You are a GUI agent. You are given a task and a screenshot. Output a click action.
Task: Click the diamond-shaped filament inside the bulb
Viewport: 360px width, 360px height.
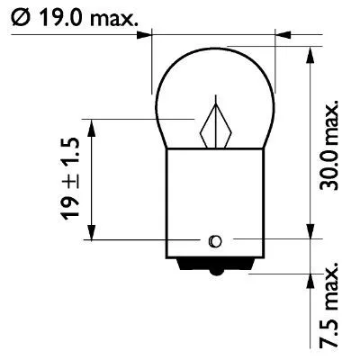(x=217, y=125)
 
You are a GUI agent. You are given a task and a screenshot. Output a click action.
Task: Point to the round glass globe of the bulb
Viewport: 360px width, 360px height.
(x=214, y=94)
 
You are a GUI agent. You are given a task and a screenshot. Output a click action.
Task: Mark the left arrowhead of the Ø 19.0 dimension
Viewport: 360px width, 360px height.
(x=145, y=37)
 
